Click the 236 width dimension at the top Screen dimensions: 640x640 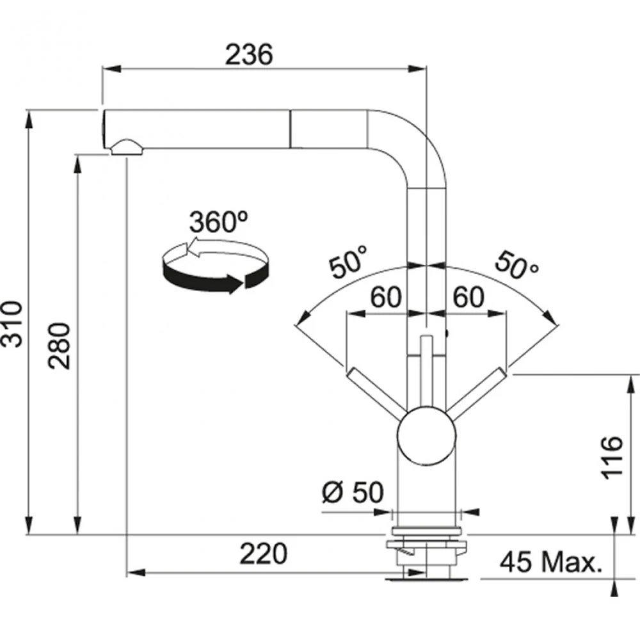click(249, 55)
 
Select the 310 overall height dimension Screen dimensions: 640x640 click(14, 323)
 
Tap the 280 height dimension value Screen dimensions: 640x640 click(60, 346)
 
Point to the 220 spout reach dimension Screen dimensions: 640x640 click(263, 554)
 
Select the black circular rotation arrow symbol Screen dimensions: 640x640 click(214, 268)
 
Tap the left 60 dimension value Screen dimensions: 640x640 click(385, 298)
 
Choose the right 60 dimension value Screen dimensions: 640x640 click(468, 298)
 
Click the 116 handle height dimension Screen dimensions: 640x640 click(612, 457)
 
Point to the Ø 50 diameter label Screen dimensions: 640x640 click(353, 492)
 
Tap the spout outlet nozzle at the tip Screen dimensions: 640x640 click(127, 148)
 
